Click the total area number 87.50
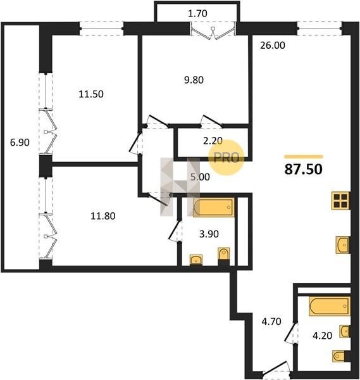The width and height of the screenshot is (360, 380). click(x=303, y=169)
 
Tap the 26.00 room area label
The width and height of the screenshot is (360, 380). click(x=273, y=46)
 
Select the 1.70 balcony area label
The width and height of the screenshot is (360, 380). click(x=197, y=13)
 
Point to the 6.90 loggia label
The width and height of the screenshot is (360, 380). click(x=20, y=142)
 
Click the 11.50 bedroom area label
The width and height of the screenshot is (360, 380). click(x=91, y=94)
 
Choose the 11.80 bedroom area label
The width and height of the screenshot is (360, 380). click(x=103, y=216)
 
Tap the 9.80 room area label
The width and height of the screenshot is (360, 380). click(x=194, y=80)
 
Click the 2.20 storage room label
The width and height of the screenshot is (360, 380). click(x=213, y=141)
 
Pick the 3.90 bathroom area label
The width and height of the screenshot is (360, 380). click(x=209, y=234)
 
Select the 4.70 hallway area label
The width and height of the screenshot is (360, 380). click(x=271, y=322)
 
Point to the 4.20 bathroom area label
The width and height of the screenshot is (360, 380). click(x=322, y=336)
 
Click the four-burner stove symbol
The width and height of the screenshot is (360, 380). click(x=340, y=201)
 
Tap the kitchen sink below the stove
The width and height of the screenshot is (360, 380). click(x=342, y=245)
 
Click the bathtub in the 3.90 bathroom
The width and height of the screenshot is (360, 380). click(x=214, y=208)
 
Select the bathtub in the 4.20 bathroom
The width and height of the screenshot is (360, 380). click(x=330, y=307)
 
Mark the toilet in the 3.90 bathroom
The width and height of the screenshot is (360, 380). click(x=224, y=253)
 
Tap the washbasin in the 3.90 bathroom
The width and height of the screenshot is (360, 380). click(x=196, y=259)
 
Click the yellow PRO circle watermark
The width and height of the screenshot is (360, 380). click(x=227, y=158)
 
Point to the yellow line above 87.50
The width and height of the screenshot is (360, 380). click(x=304, y=157)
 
